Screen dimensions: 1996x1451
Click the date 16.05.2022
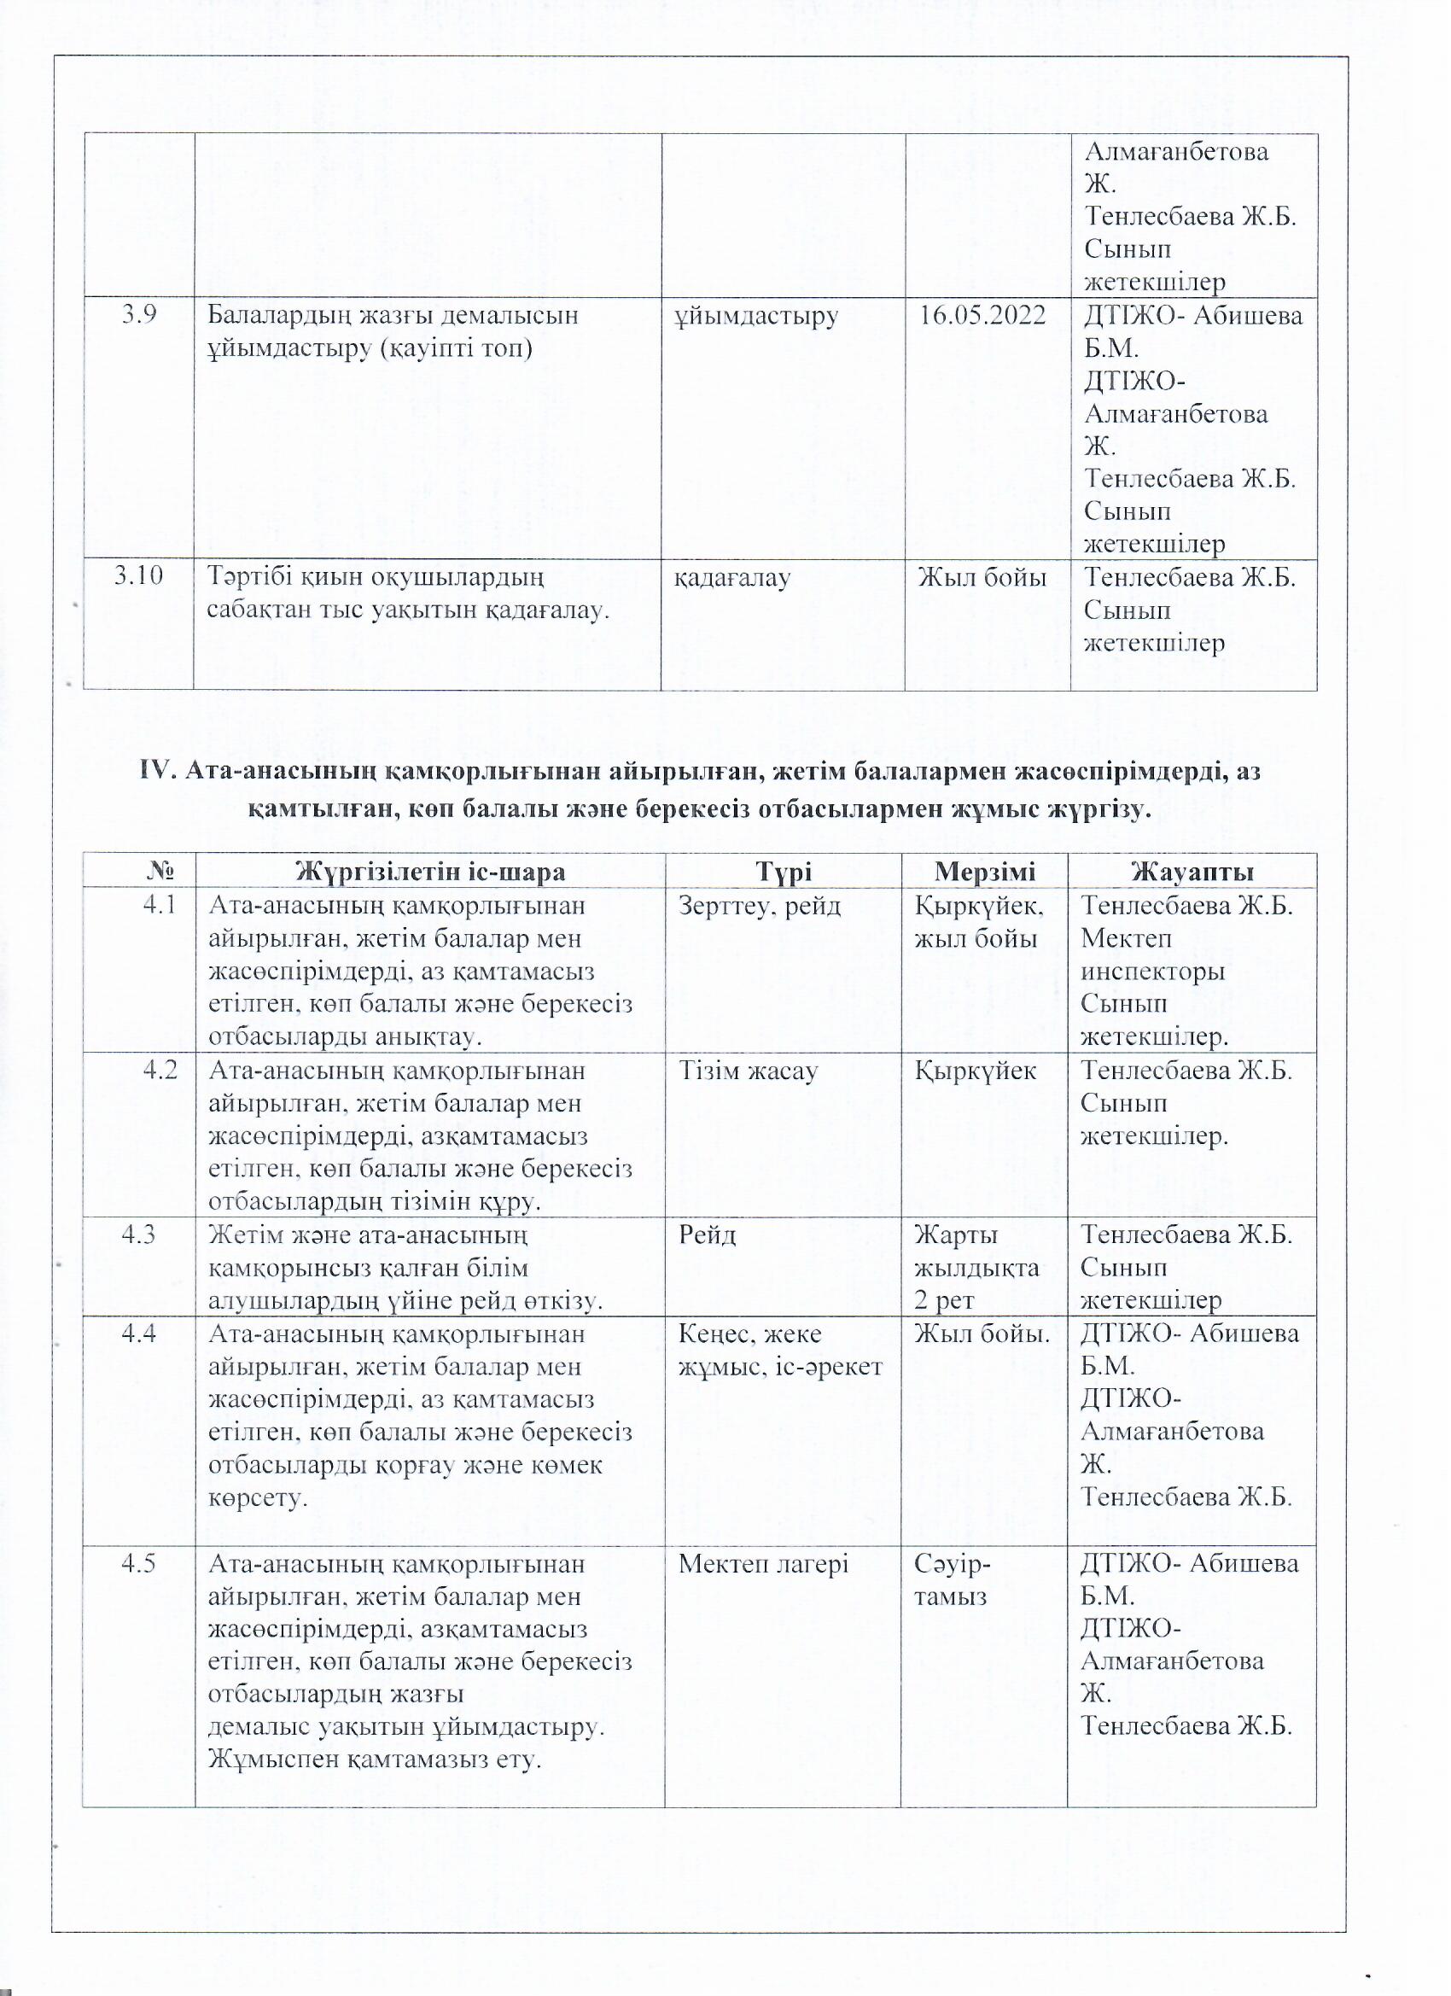[983, 316]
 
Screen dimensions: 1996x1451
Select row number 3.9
[140, 315]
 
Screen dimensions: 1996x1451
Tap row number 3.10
[139, 576]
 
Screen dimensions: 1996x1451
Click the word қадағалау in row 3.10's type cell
[732, 577]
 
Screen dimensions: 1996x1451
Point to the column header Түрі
[784, 872]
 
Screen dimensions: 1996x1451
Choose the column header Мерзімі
[985, 872]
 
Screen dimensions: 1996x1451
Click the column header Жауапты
[1192, 872]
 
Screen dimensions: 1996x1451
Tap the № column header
[159, 872]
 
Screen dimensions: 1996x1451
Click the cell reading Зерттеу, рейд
[760, 906]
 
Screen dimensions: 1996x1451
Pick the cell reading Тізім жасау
[749, 1071]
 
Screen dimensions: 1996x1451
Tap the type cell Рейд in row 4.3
[708, 1234]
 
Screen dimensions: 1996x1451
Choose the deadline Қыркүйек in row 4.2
[975, 1071]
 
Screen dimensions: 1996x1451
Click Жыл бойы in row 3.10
[982, 577]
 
